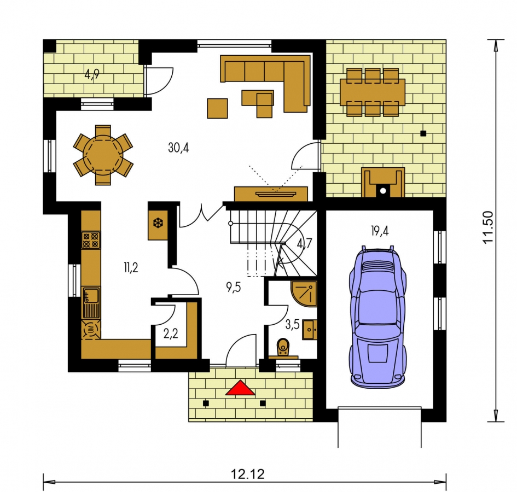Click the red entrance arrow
(x=240, y=388)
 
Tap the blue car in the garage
(x=378, y=317)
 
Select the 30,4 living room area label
(x=178, y=148)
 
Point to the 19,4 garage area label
(x=380, y=231)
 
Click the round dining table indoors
(x=103, y=155)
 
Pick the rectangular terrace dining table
(x=373, y=92)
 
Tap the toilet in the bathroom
(x=283, y=347)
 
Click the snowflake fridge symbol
(x=158, y=224)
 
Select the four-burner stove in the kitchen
(x=91, y=240)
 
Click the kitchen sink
(x=91, y=302)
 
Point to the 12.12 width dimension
(x=248, y=474)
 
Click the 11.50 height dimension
(x=488, y=227)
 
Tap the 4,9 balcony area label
(x=92, y=74)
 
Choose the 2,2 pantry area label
(x=171, y=333)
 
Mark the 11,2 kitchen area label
(x=131, y=267)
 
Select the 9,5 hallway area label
(x=234, y=287)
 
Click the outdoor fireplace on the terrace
(x=383, y=182)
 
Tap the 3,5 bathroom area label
(x=293, y=325)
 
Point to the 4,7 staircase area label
(x=304, y=243)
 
